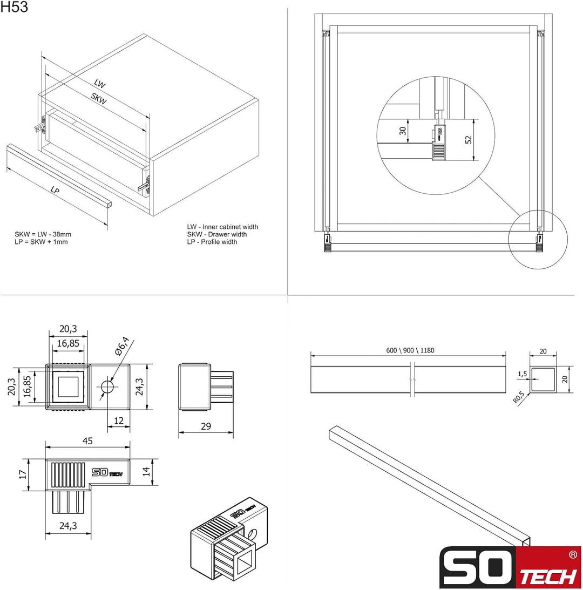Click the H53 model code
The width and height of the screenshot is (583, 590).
click(14, 7)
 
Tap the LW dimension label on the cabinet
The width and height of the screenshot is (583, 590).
click(100, 84)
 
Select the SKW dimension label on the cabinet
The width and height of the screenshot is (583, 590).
click(99, 99)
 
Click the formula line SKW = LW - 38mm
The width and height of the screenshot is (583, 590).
click(43, 234)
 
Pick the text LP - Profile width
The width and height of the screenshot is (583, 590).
click(212, 242)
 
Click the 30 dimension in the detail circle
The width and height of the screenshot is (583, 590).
click(403, 131)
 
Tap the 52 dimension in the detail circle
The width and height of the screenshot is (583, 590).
click(468, 140)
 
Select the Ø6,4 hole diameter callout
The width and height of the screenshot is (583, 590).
click(122, 346)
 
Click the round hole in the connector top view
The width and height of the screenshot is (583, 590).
click(107, 386)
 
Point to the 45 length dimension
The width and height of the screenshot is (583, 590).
click(87, 440)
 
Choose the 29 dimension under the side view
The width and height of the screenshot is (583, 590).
click(206, 426)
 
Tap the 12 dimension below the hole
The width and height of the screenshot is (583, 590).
click(119, 421)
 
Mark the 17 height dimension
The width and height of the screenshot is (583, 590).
click(23, 474)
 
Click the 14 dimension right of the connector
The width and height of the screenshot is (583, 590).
click(146, 471)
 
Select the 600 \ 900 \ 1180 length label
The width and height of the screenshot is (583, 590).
click(410, 350)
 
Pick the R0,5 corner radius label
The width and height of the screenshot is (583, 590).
click(519, 397)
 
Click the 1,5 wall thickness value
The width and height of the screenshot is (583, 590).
click(523, 374)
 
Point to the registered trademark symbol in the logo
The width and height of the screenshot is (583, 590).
click(573, 554)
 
